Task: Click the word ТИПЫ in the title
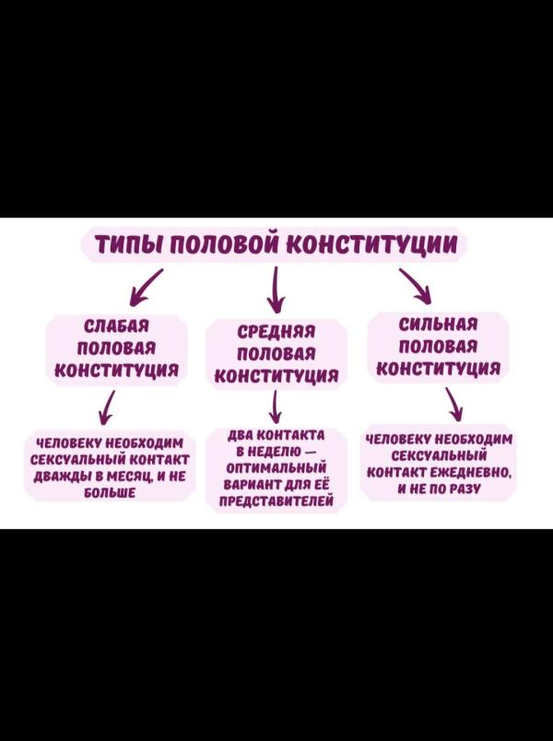pyautogui.click(x=128, y=245)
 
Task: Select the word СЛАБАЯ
pyautogui.click(x=116, y=326)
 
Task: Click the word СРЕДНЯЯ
pyautogui.click(x=276, y=332)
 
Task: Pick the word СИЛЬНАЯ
pyautogui.click(x=439, y=324)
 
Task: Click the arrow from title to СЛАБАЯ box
pyautogui.click(x=147, y=288)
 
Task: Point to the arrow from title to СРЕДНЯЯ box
pyautogui.click(x=276, y=290)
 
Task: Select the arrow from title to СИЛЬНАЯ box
pyautogui.click(x=415, y=287)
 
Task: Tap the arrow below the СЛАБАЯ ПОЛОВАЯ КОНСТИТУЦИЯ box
pyautogui.click(x=109, y=406)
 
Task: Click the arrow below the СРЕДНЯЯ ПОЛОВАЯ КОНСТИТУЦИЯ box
pyautogui.click(x=276, y=406)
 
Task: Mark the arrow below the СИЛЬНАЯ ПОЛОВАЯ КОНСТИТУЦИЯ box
pyautogui.click(x=453, y=405)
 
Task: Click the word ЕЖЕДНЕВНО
pyautogui.click(x=471, y=473)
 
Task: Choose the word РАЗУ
pyautogui.click(x=464, y=489)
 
